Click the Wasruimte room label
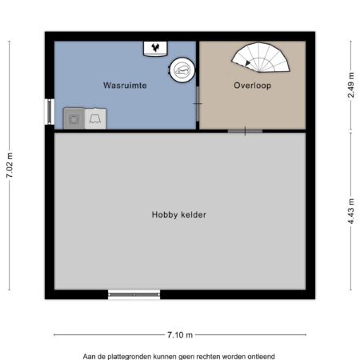[125, 86]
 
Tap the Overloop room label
[253, 86]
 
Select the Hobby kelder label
[179, 214]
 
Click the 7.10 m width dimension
[180, 334]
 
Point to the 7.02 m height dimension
[10, 166]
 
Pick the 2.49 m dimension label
[351, 85]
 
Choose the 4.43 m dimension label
[351, 211]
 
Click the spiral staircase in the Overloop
[261, 58]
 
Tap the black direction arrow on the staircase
[247, 63]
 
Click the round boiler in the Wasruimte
[182, 70]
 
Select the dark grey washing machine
[74, 118]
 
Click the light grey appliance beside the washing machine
[95, 118]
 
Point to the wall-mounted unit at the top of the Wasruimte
[155, 49]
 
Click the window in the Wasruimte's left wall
[50, 112]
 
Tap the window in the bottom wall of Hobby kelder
[134, 294]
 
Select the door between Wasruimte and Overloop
[198, 104]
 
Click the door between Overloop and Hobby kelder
[245, 131]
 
